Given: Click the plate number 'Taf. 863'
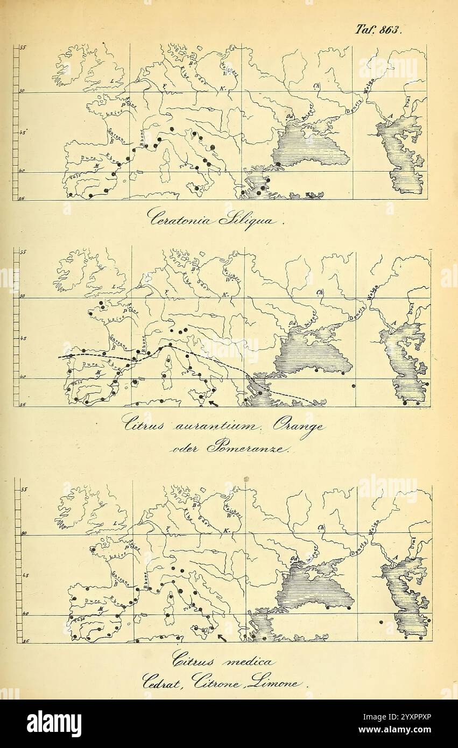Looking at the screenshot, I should point(378,30).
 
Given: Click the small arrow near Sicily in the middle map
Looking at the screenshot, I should point(214,403).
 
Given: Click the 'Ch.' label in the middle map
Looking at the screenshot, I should point(320,292).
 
